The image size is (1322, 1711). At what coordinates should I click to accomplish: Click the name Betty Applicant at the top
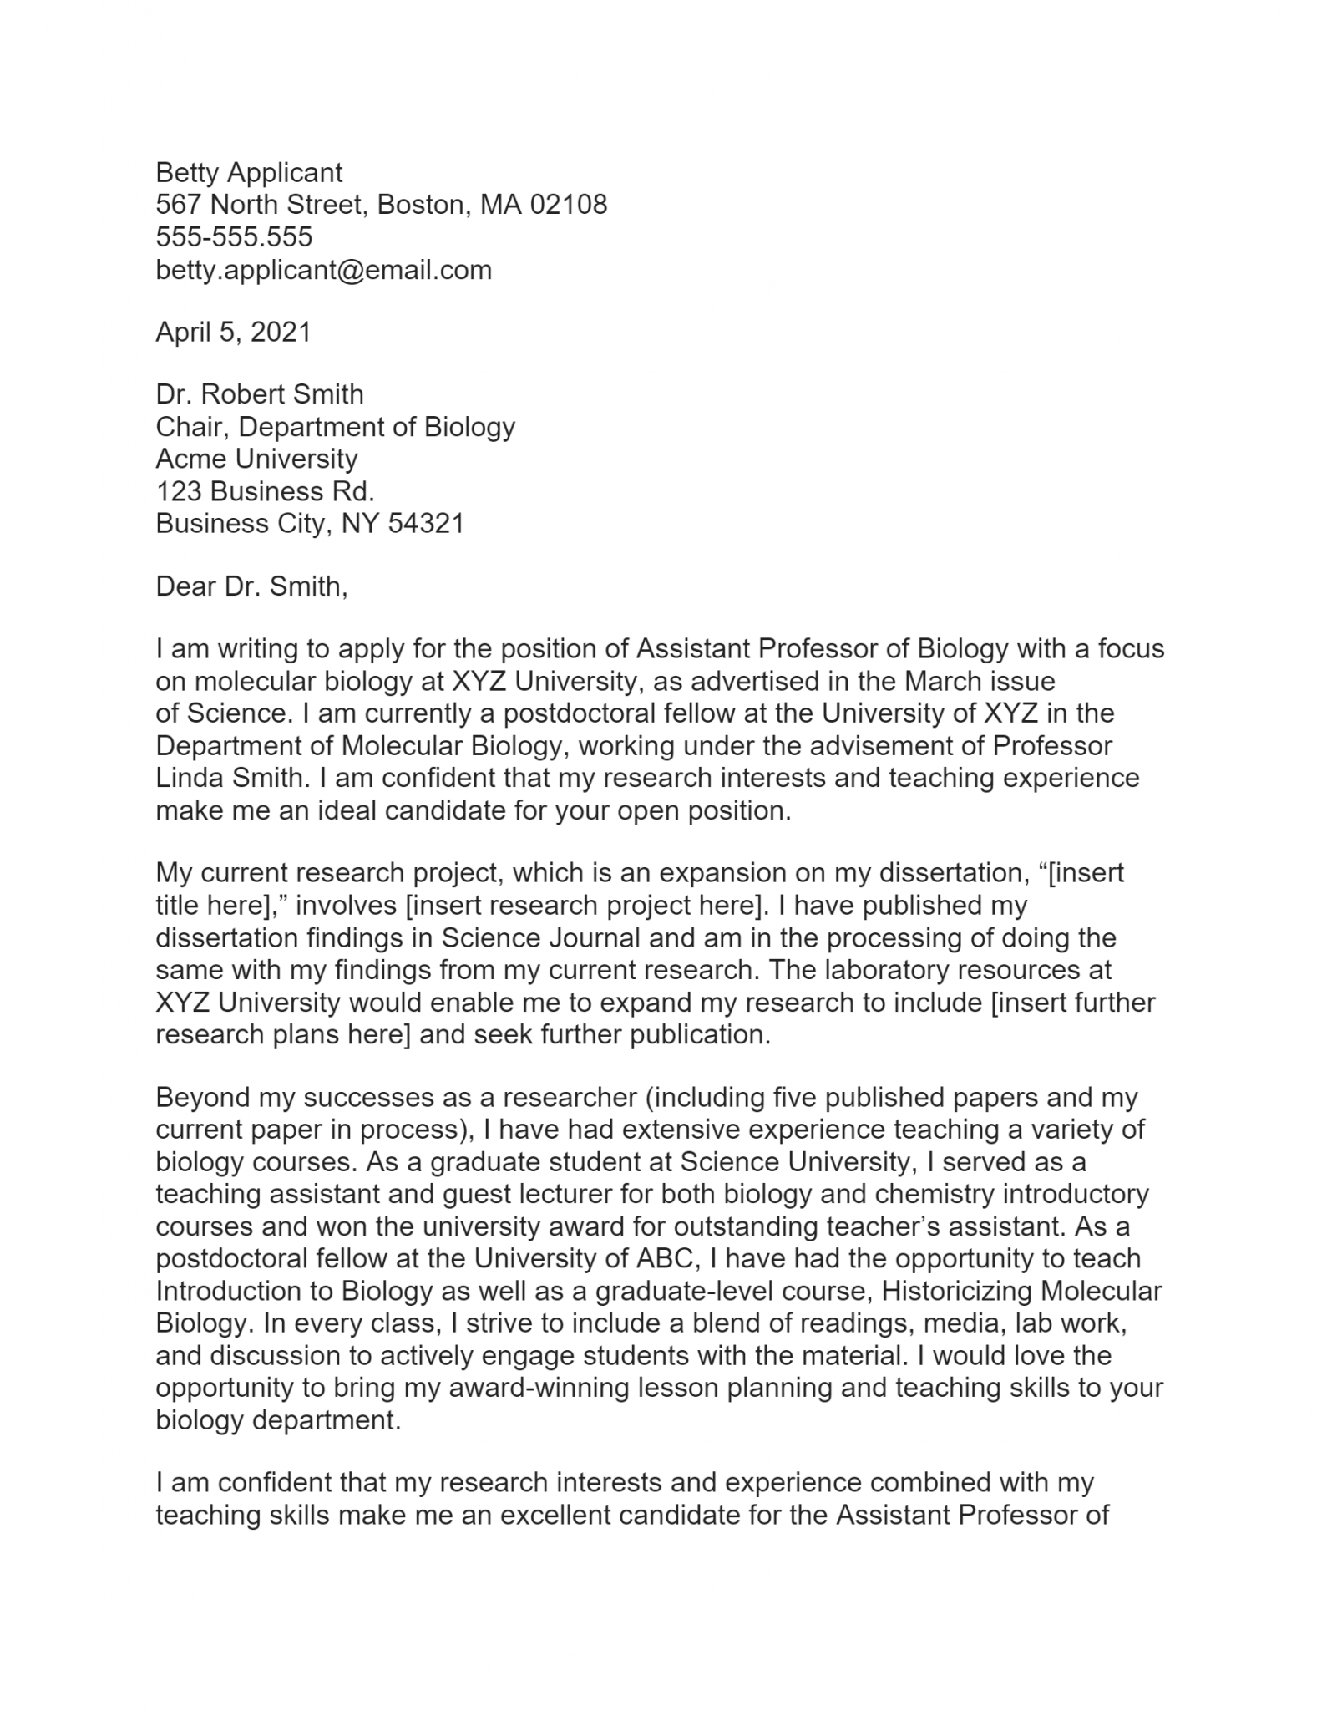point(249,173)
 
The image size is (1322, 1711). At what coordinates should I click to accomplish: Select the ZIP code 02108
point(569,205)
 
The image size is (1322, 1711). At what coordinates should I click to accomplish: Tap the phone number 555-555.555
point(234,237)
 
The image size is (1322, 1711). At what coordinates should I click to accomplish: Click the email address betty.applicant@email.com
point(323,270)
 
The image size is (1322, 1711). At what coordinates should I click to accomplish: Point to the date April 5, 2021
point(233,333)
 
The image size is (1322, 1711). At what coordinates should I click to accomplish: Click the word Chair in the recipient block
point(192,427)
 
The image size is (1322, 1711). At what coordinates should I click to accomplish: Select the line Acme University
point(256,459)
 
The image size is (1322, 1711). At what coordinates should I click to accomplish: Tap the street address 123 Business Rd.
point(265,491)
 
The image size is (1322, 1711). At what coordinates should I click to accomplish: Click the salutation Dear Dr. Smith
point(251,586)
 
